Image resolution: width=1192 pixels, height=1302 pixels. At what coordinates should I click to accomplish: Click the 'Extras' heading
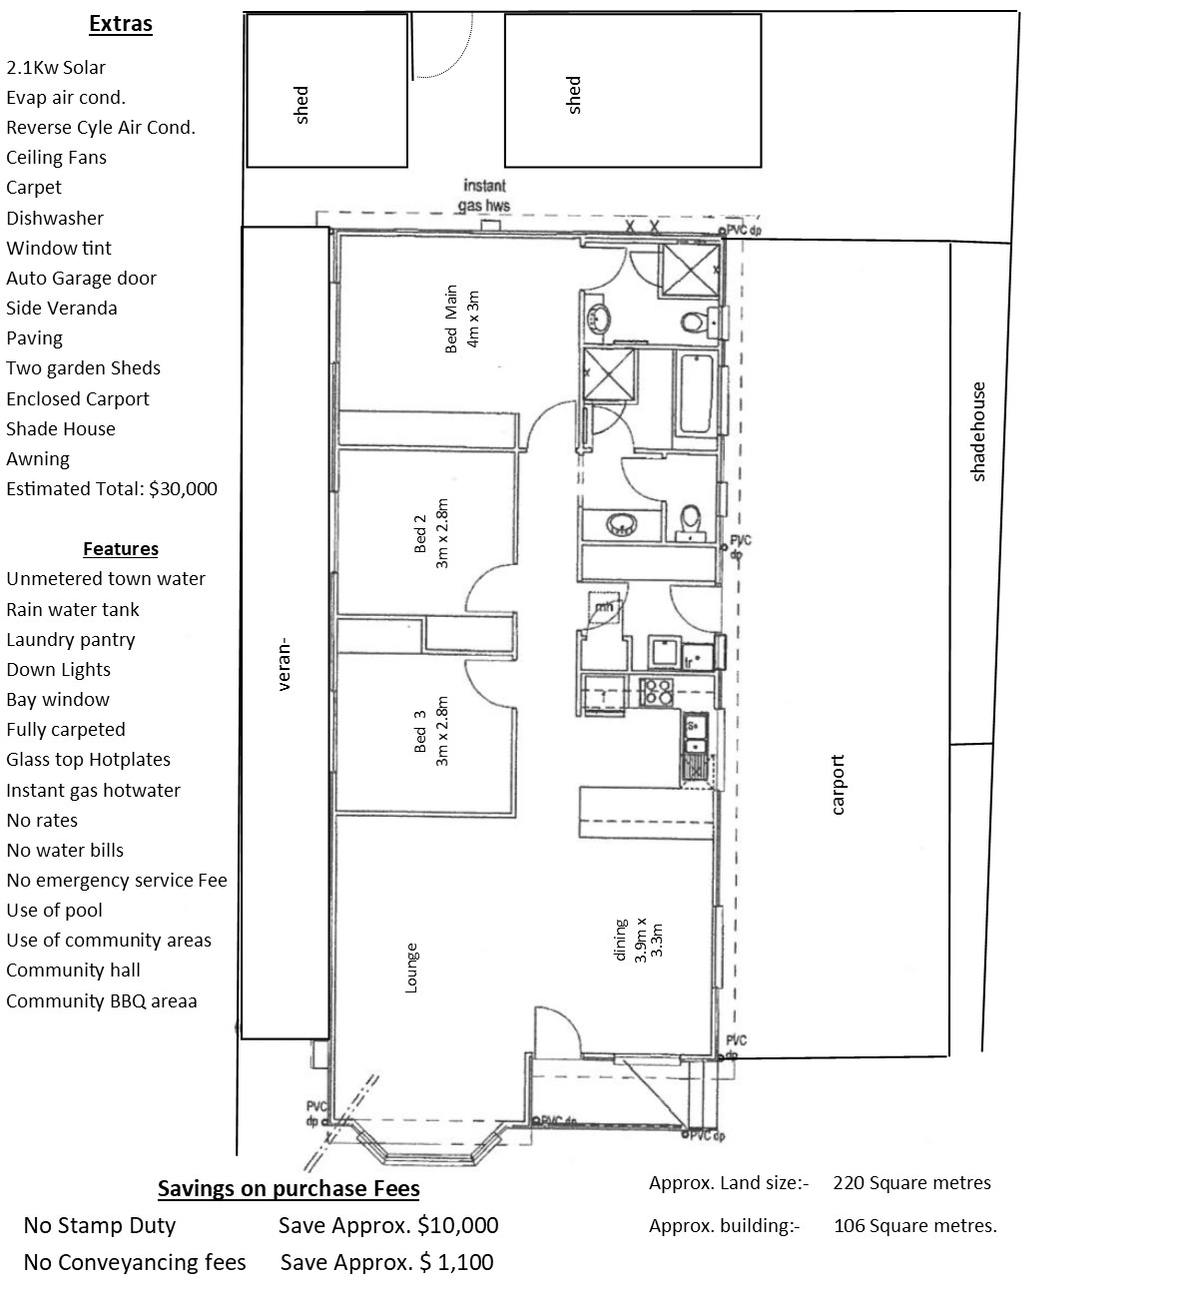coord(120,24)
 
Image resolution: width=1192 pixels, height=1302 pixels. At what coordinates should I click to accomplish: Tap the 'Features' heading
coord(120,548)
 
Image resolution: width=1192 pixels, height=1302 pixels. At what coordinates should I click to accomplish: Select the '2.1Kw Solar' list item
coord(56,68)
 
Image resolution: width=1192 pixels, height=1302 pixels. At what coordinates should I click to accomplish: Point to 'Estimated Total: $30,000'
coord(112,489)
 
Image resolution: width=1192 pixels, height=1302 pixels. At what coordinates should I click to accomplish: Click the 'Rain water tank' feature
coord(73,609)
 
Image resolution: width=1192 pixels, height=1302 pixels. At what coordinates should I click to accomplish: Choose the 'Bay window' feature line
coord(58,699)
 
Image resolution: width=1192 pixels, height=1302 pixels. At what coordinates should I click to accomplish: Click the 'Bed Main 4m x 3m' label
coord(462,319)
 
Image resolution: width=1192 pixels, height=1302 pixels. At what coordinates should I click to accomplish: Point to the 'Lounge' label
coord(411,968)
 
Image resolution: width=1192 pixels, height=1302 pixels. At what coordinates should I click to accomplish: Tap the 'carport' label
coord(838,785)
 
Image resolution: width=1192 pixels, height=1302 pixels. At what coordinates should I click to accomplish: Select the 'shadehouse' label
coord(978,431)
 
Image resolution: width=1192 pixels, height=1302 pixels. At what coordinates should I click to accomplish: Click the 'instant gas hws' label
coord(484,196)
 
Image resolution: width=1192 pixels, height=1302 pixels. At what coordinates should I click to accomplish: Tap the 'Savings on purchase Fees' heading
coord(289,1189)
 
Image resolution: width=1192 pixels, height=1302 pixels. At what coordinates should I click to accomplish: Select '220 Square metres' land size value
coord(911,1183)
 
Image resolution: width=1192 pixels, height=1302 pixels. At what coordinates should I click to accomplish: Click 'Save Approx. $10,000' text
coord(388,1226)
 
